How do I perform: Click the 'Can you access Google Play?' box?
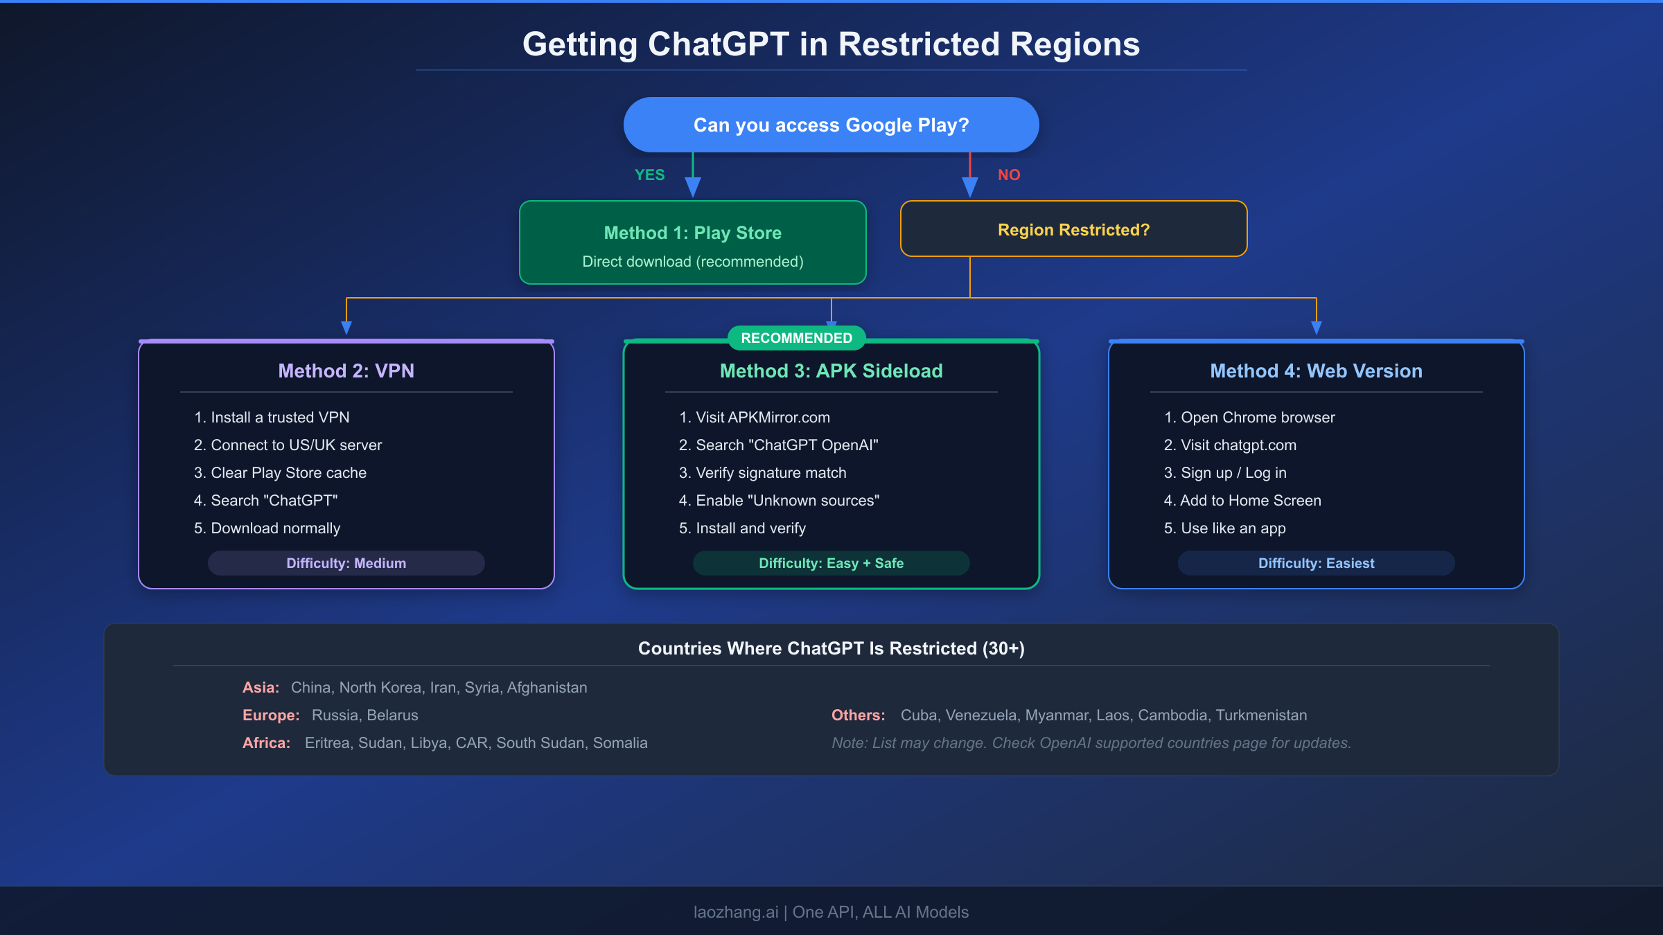coord(831,125)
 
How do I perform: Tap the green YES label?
coord(649,175)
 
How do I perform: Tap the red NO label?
coord(1009,175)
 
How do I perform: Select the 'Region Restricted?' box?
coord(1073,229)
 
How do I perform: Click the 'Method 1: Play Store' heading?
coord(692,233)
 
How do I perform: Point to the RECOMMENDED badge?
coord(796,338)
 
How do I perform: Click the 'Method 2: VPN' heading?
coord(346,371)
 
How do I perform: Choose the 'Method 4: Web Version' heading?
coord(1316,371)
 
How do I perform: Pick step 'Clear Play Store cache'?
coord(288,473)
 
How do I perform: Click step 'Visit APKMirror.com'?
coord(762,418)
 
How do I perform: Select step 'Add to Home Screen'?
coord(1250,501)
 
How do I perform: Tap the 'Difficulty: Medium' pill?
coord(346,563)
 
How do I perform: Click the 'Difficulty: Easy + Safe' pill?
coord(831,563)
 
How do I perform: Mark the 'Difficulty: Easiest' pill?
coord(1316,563)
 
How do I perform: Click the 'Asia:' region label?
coord(261,688)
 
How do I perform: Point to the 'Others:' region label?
coord(858,715)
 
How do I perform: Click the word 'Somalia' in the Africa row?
coord(620,743)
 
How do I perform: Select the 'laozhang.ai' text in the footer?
coord(735,912)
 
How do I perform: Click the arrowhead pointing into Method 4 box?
coord(1316,327)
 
